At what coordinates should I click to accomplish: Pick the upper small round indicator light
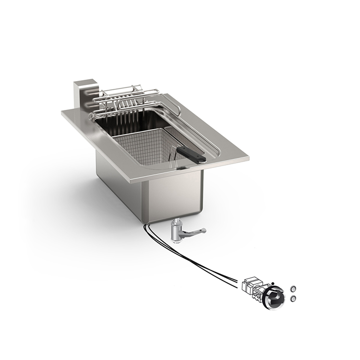click(x=294, y=289)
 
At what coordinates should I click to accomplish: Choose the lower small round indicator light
click(x=294, y=299)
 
